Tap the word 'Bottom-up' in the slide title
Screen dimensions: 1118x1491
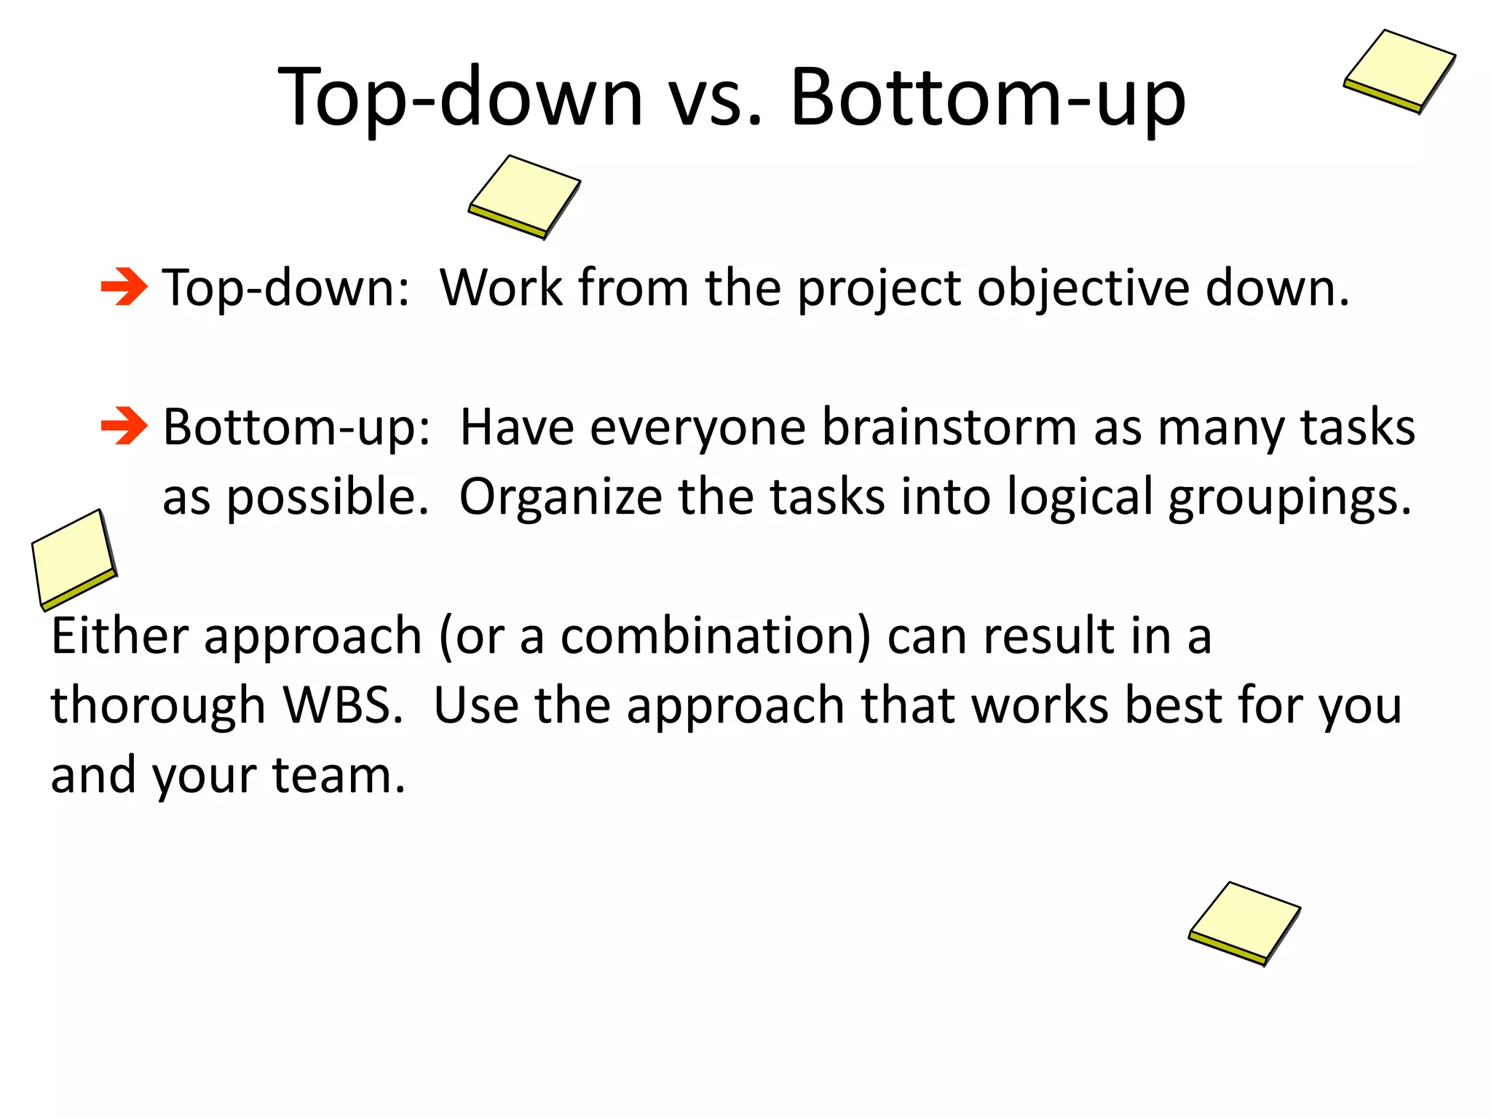pos(987,98)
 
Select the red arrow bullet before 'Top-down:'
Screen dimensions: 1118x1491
pos(124,288)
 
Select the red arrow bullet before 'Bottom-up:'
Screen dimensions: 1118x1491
pos(124,427)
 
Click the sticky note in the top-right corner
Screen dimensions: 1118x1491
pos(1399,71)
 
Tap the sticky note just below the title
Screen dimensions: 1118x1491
pos(524,196)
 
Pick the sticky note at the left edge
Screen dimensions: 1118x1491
pos(74,558)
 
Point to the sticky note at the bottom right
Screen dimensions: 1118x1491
pos(1245,923)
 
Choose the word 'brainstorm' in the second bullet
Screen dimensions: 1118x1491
pos(949,427)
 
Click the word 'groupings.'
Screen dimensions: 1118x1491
pos(1290,498)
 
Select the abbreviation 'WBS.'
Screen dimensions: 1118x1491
pos(342,705)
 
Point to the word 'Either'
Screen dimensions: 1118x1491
pos(119,635)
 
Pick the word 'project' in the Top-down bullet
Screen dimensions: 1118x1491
pos(879,289)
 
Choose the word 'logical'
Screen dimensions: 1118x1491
pos(1080,498)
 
